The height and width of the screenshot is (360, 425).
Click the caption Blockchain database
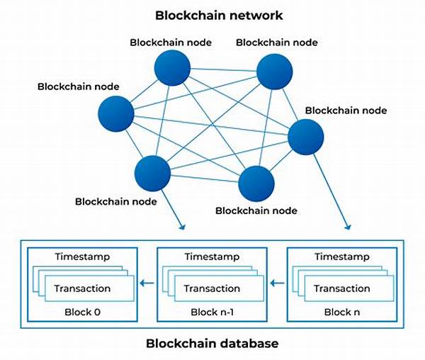(212, 344)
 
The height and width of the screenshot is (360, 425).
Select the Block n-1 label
(212, 312)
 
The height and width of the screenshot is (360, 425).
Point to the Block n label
(342, 312)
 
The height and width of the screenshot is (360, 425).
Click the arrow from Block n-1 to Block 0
(147, 283)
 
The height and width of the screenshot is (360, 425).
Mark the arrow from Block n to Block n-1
(278, 283)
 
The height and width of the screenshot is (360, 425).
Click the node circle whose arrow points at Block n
(305, 137)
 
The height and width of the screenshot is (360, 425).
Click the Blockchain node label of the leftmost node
(78, 86)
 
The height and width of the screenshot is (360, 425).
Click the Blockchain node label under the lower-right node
(256, 210)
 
